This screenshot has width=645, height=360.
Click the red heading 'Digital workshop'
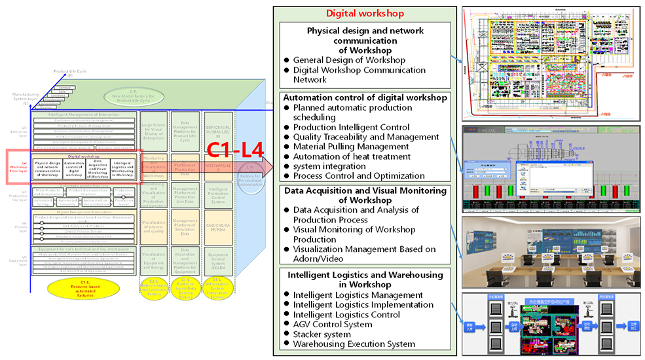pos(365,13)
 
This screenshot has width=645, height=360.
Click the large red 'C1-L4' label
pos(235,151)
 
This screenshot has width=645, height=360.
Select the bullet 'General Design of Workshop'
pos(349,60)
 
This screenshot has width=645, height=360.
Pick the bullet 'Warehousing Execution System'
pos(354,344)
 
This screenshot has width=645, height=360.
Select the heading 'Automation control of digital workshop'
pos(365,98)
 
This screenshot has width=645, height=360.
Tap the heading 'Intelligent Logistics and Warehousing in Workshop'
pos(365,279)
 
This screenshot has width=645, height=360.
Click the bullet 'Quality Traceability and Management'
pos(366,137)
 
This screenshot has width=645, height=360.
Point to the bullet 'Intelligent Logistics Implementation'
pos(363,304)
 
